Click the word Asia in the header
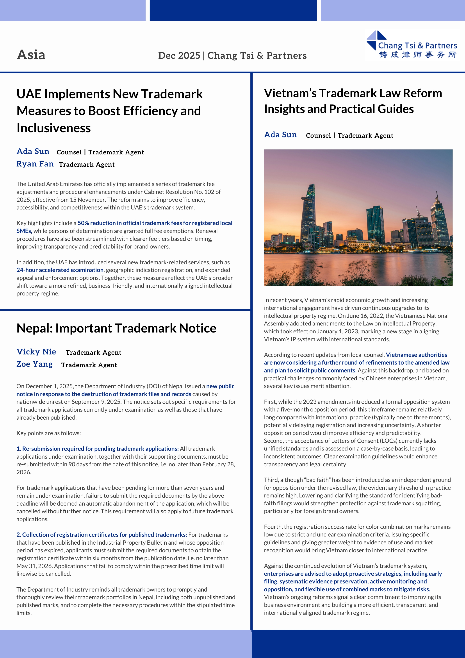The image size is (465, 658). (31, 55)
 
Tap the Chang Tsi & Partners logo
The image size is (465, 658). (412, 45)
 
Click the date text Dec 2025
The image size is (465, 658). (179, 55)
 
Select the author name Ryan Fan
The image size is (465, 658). (35, 164)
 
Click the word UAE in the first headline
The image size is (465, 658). (29, 94)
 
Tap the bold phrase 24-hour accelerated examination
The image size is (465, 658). (60, 270)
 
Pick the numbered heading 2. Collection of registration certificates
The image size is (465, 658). (102, 535)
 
